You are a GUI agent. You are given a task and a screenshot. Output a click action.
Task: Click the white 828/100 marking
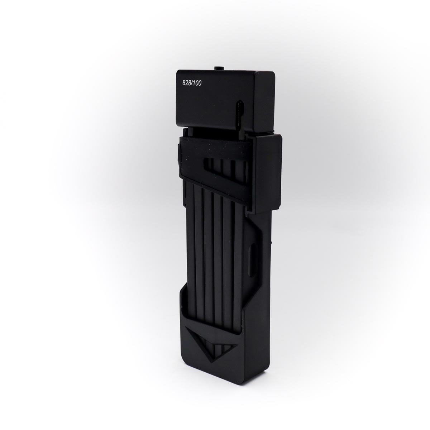tap(192, 83)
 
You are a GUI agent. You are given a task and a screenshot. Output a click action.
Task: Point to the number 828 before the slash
tap(187, 83)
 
